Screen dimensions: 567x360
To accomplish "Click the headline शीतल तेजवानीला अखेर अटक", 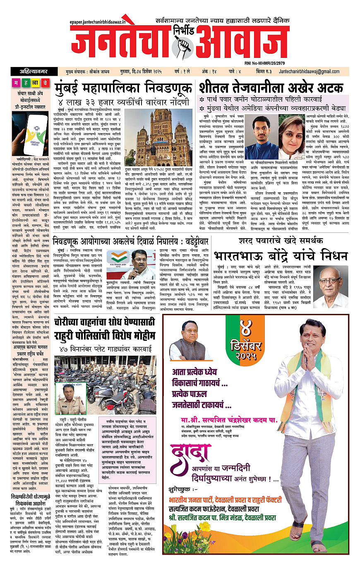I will click(x=271, y=88).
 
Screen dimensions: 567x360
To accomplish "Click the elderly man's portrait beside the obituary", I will click(x=331, y=282).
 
